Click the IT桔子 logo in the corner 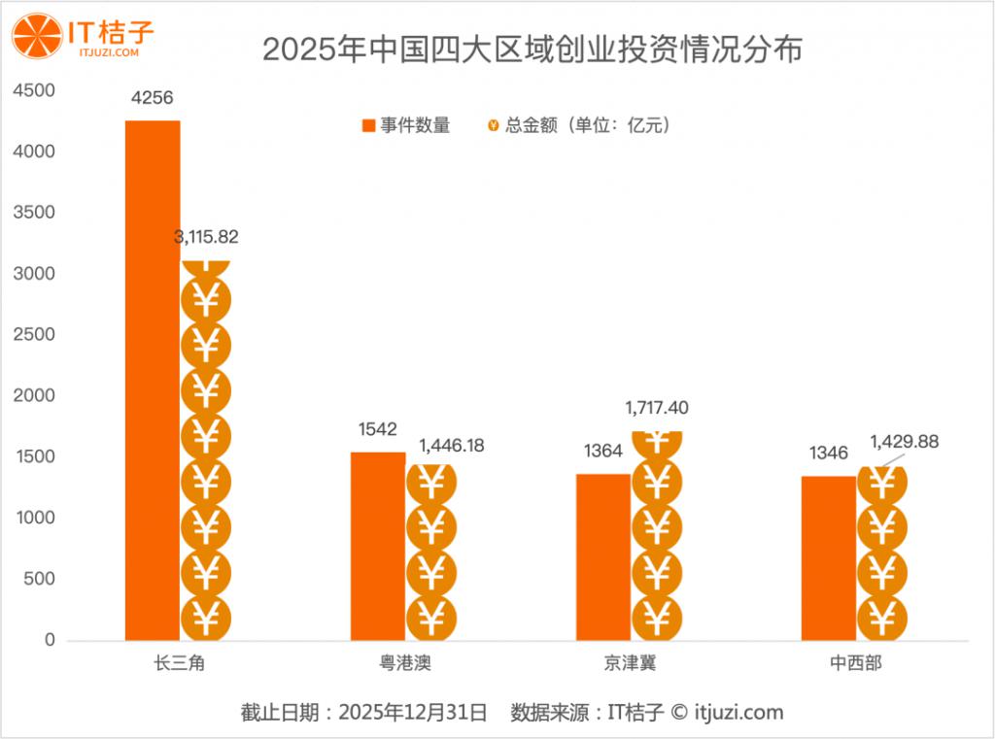[83, 36]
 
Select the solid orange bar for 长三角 [153, 380]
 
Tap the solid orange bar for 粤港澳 [378, 546]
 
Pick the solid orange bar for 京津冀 [603, 556]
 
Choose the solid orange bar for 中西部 [829, 557]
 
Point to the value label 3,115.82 [206, 237]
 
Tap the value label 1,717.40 [657, 408]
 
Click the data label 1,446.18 [452, 446]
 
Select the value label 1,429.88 [905, 442]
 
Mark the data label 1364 [603, 452]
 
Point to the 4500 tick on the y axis [36, 90]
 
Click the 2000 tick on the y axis [36, 396]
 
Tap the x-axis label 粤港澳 [404, 664]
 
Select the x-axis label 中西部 [856, 664]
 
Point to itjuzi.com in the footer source [739, 713]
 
